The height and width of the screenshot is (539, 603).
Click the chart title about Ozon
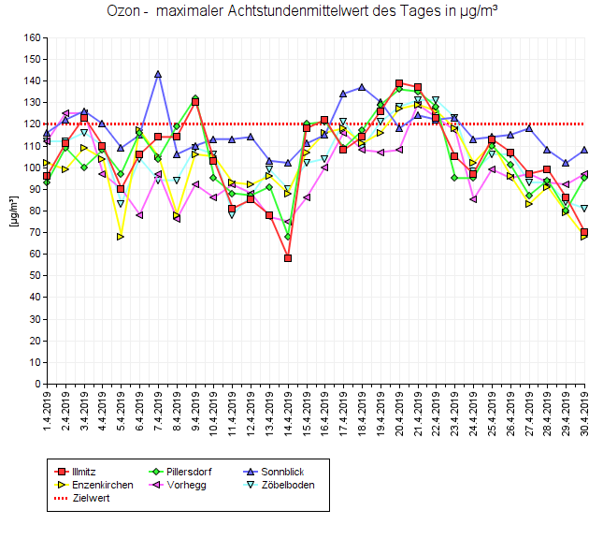pos(301,12)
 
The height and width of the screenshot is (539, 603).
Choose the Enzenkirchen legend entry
pos(102,485)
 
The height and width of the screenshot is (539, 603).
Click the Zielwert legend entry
pos(90,498)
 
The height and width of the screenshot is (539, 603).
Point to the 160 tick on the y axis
pos(33,38)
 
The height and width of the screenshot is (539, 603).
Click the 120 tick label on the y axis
pos(33,124)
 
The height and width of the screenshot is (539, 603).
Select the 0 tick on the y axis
pos(38,384)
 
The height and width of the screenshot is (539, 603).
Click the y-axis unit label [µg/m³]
pos(11,211)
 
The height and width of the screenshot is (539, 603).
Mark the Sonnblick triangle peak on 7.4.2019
pos(158,74)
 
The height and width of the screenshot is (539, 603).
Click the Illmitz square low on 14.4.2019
pos(288,258)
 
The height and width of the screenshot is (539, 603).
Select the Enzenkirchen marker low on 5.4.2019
pos(121,237)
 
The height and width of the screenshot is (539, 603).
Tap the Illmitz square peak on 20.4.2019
pos(399,83)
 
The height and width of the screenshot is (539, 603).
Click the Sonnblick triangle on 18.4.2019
pos(362,88)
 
